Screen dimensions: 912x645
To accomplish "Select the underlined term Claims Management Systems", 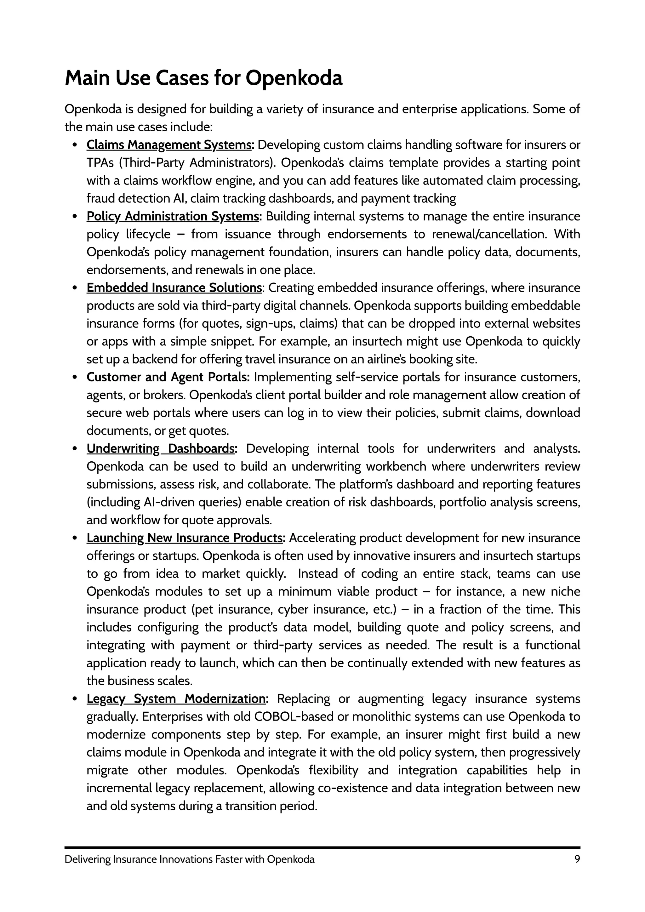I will tap(169, 145).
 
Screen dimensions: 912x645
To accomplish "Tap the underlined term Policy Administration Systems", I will tap(174, 216).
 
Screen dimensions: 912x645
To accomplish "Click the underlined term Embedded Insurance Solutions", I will tap(174, 288).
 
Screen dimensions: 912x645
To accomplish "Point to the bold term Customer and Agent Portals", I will tap(168, 377).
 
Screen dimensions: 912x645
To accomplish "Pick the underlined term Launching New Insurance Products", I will tap(185, 538).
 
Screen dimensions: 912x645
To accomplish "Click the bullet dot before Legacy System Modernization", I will tap(75, 699).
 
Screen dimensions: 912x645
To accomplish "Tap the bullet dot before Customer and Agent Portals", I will tap(75, 377).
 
